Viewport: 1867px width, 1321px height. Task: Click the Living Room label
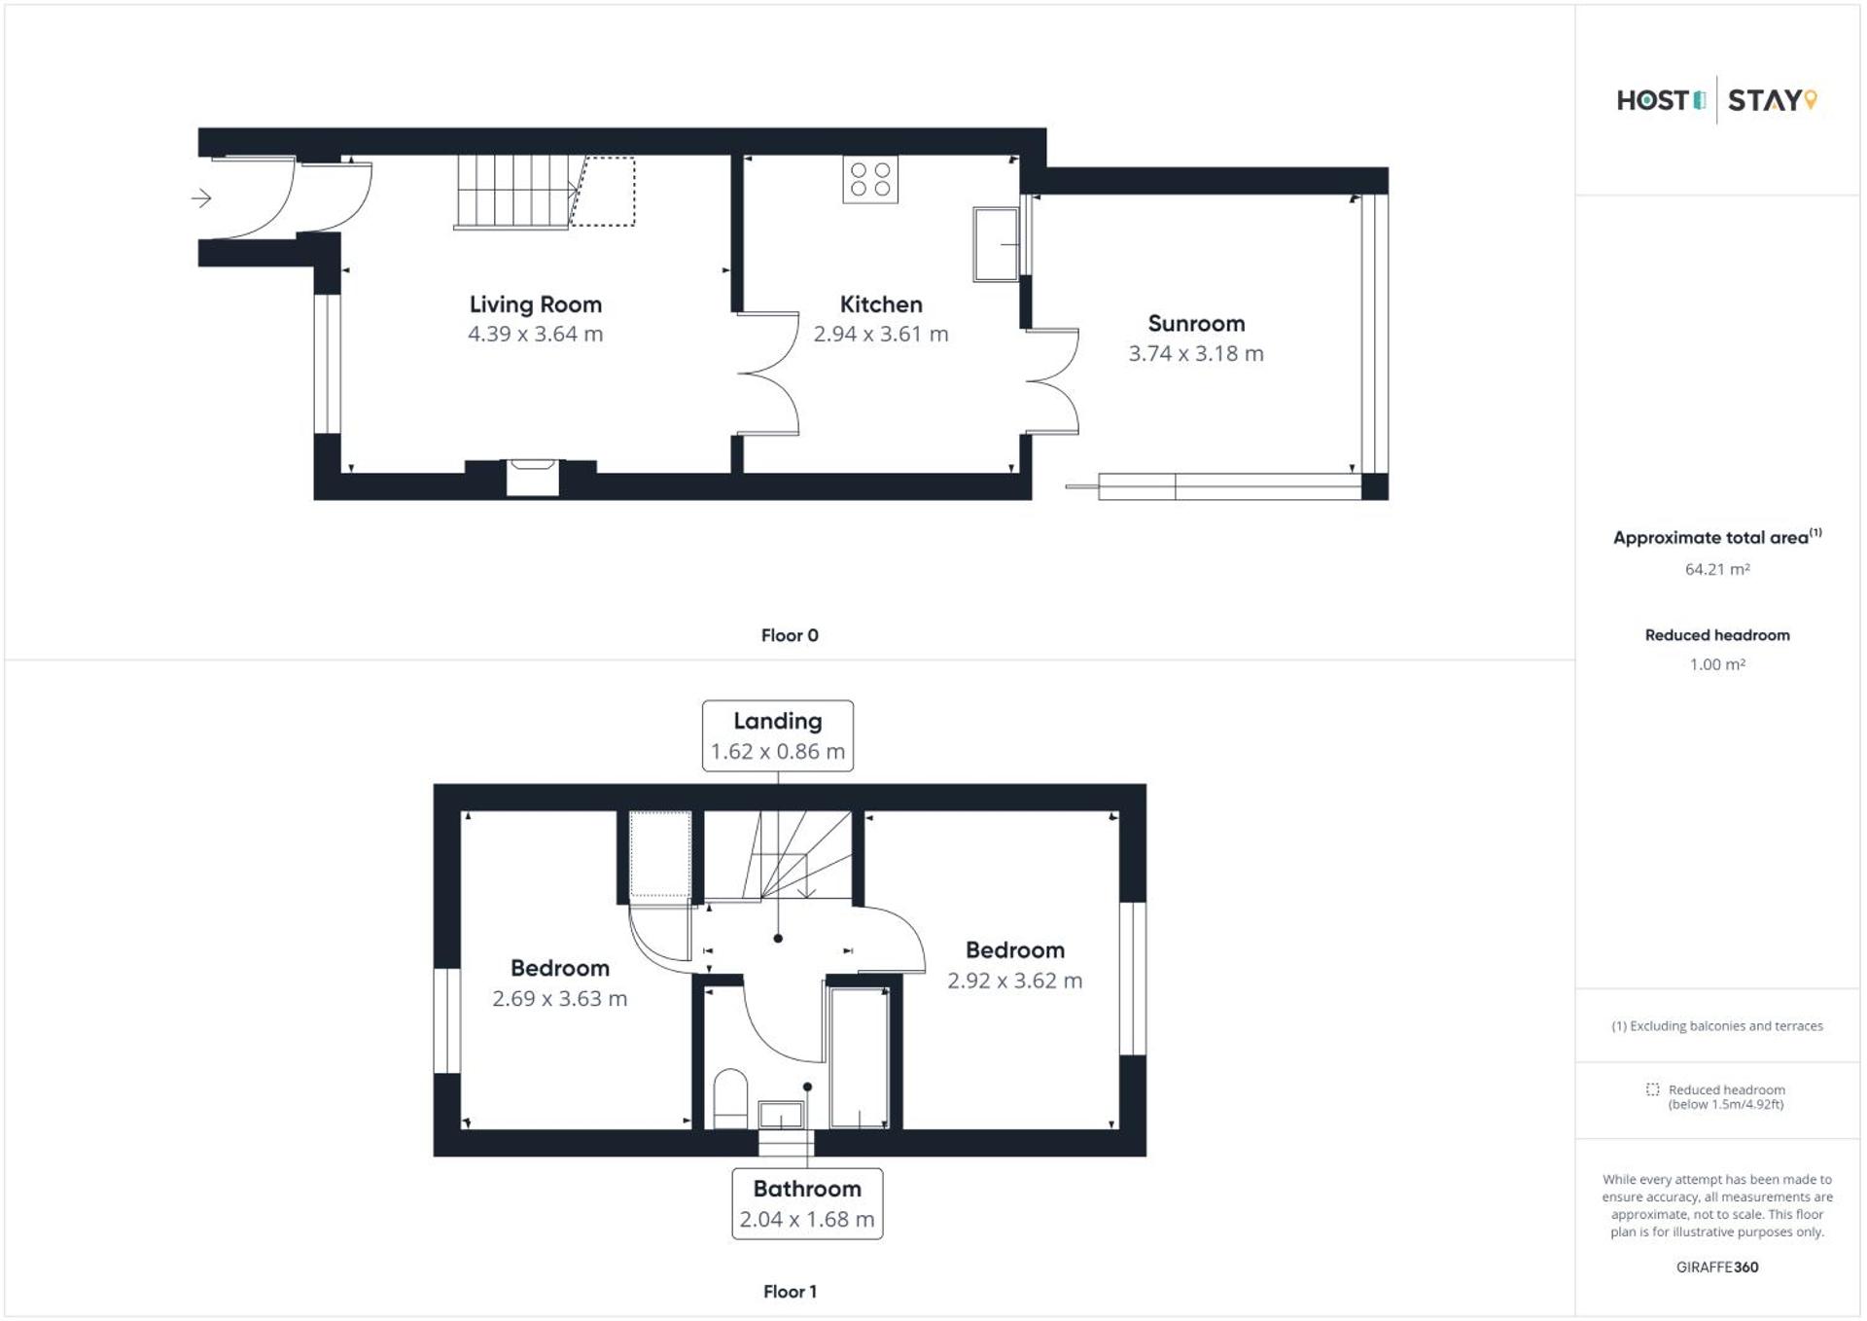coord(535,304)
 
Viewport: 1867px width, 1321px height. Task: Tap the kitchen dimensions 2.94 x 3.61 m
coord(880,335)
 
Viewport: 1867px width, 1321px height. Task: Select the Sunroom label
coord(1195,324)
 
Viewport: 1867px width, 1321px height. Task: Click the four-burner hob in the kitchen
coord(870,180)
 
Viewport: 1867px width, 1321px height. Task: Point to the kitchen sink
coord(997,243)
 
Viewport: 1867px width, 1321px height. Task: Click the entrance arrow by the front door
coord(201,198)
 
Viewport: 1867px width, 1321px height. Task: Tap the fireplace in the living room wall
coord(532,477)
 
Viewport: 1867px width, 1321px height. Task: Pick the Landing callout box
coord(777,736)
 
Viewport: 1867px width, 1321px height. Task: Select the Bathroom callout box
coord(807,1204)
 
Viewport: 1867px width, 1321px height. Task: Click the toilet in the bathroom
coord(730,1098)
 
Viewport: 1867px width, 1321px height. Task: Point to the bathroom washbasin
coord(781,1114)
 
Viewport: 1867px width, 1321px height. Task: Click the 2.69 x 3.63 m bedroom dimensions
coord(559,999)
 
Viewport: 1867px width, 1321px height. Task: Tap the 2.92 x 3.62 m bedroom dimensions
coord(1014,981)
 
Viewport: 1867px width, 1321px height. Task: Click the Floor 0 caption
coord(790,635)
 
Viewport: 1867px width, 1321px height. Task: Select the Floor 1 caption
coord(790,1292)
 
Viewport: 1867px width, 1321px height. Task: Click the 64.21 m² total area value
coord(1716,569)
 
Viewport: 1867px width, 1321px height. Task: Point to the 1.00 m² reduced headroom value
coord(1716,664)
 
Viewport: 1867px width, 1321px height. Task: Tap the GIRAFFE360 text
coord(1716,1267)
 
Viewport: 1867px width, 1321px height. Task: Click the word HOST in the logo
coord(1652,100)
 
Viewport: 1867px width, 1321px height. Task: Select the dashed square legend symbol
coord(1652,1089)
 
